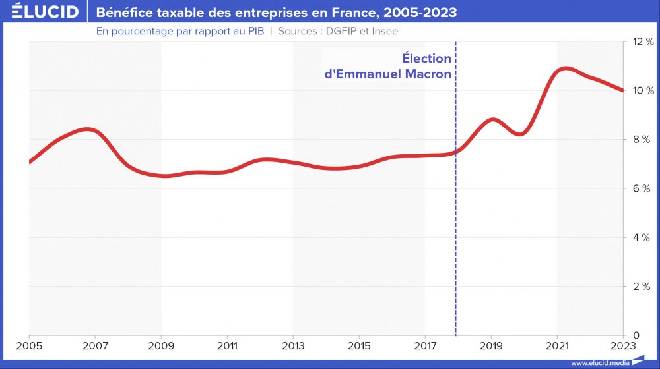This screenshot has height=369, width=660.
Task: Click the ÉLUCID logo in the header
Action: click(x=41, y=13)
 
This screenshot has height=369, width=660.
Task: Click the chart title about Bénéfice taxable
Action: click(x=276, y=13)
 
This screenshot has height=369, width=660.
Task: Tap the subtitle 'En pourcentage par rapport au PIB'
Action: click(x=180, y=31)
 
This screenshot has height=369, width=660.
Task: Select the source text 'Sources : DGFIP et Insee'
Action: click(x=338, y=31)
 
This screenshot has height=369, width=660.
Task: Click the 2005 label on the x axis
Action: click(x=30, y=345)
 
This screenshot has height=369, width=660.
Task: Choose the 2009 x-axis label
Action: click(x=162, y=345)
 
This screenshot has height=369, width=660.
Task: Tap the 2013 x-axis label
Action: click(x=294, y=345)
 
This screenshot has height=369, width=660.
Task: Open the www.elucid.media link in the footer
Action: click(x=599, y=362)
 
